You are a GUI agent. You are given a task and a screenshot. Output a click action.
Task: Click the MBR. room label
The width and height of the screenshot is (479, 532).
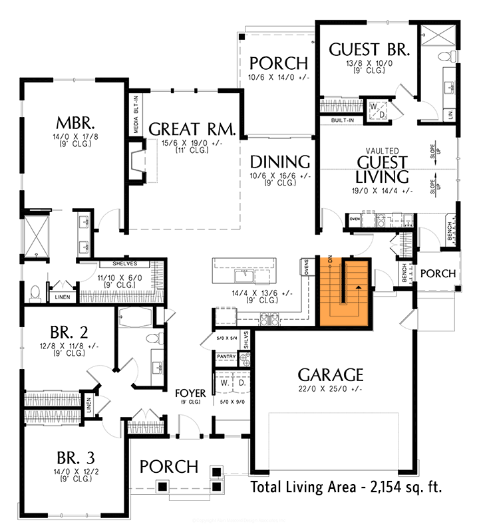(x=75, y=123)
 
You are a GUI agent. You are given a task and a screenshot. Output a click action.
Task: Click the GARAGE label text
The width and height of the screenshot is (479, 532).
(x=331, y=374)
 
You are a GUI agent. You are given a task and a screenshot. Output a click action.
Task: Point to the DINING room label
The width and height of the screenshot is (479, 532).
(x=280, y=162)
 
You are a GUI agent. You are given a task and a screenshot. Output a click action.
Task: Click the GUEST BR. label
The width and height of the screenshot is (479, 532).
(x=370, y=49)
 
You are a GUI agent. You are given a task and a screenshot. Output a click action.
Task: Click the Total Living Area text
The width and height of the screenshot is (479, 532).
(x=346, y=487)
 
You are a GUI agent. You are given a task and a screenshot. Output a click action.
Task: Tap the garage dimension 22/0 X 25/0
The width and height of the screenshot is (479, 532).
(x=331, y=389)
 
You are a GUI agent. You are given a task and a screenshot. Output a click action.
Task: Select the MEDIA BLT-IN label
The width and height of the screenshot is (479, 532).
(x=136, y=114)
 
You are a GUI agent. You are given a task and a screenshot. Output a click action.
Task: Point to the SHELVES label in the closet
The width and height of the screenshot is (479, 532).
(x=125, y=263)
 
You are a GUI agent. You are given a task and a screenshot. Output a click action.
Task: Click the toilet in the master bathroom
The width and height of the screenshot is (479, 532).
(x=35, y=291)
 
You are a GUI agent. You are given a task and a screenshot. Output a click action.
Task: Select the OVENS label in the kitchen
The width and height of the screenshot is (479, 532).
(x=307, y=266)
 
